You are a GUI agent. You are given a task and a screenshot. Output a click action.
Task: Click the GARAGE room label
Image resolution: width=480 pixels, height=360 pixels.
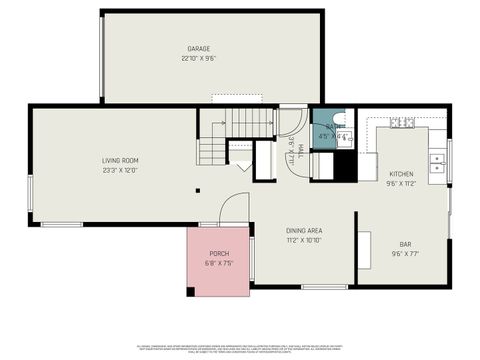(198, 49)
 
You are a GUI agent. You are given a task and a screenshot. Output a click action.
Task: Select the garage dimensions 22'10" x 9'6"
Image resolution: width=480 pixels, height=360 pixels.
(198, 58)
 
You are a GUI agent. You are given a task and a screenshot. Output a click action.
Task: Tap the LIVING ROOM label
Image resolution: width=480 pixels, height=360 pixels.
(119, 160)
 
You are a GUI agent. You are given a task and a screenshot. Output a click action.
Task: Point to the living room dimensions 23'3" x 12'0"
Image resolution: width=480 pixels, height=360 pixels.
(119, 169)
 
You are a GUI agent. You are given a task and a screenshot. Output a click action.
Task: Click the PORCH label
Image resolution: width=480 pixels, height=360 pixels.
(219, 254)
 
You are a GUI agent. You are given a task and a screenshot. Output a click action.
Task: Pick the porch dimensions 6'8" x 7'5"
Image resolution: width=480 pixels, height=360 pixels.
(219, 263)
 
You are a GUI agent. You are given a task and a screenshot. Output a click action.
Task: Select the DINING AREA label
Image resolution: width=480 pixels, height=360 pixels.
(304, 231)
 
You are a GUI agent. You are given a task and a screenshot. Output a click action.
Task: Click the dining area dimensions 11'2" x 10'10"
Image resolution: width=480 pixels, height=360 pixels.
(304, 240)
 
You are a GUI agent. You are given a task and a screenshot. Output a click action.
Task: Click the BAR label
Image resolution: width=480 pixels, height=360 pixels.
(405, 244)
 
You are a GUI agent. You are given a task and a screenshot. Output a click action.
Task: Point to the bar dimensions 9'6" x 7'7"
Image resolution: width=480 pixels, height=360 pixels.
(405, 253)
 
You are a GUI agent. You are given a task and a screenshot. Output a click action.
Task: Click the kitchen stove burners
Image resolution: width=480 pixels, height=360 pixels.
(402, 123)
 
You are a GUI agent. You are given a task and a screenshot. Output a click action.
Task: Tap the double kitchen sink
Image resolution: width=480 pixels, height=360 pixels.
(437, 163)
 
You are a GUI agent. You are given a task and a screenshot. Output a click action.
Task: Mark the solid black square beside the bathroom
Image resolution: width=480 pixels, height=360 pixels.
(345, 167)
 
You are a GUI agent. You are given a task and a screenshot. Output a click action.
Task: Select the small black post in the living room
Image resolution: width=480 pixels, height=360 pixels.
(197, 190)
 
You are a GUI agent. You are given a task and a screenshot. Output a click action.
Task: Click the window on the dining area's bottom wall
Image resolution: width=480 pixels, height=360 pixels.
(324, 287)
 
